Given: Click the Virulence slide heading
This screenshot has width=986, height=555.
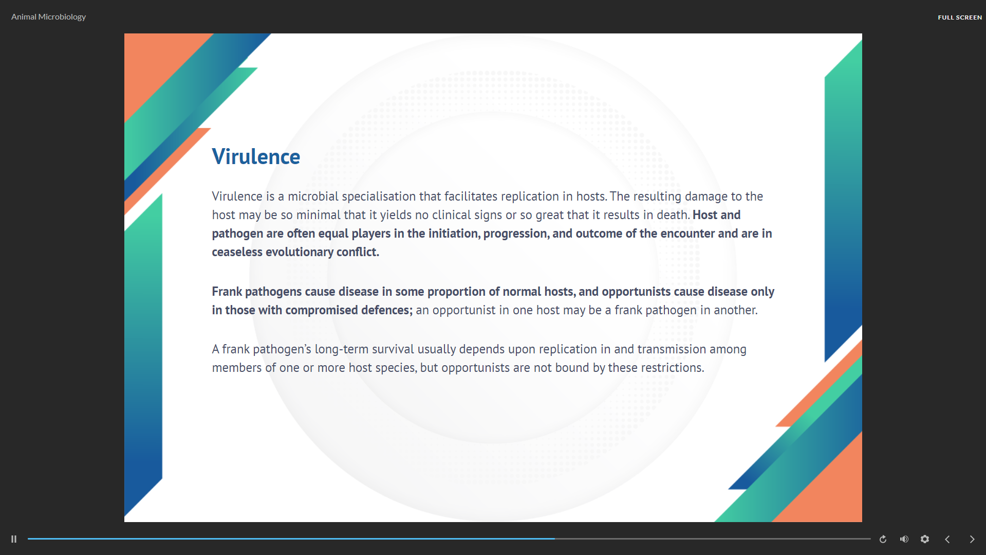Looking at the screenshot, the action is click(x=256, y=157).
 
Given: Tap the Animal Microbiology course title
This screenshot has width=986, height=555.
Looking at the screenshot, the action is click(x=48, y=17).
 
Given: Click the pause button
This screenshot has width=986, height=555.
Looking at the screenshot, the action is click(x=14, y=539).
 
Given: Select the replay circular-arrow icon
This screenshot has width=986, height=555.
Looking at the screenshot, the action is click(x=883, y=539).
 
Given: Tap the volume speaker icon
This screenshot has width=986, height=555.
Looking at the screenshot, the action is click(x=904, y=539).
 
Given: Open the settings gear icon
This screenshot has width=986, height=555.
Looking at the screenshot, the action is click(x=925, y=539).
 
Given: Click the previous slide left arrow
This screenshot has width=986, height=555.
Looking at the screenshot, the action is click(x=947, y=539).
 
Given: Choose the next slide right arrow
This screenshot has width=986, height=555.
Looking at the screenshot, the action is click(x=972, y=539).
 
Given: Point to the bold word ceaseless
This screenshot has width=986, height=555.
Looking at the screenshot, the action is click(x=237, y=252).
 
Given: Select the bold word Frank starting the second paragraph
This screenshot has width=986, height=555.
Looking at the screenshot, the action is click(x=227, y=292).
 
